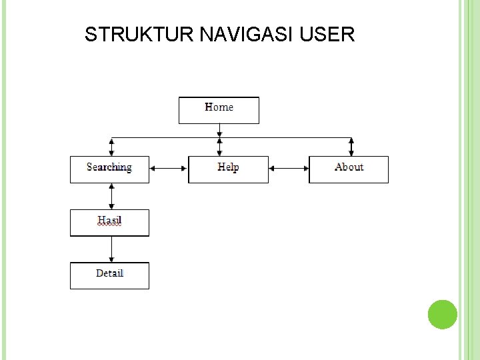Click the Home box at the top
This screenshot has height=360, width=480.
219,111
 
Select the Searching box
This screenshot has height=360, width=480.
109,169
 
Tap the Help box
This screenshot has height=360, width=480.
228,169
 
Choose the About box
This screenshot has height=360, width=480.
349,169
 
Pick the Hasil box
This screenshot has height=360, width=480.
109,223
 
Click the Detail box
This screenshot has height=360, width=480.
109,275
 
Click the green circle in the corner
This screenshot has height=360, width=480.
442,314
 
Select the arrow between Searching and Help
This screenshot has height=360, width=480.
169,169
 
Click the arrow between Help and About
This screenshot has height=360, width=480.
289,169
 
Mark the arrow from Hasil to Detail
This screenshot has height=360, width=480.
111,249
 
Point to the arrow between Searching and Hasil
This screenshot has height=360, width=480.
111,196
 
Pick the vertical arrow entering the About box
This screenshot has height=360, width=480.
351,147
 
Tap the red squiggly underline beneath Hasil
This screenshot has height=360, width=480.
109,226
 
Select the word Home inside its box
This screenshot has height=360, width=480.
219,107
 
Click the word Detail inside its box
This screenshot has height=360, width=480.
109,273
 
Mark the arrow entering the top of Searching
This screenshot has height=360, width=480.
111,147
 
